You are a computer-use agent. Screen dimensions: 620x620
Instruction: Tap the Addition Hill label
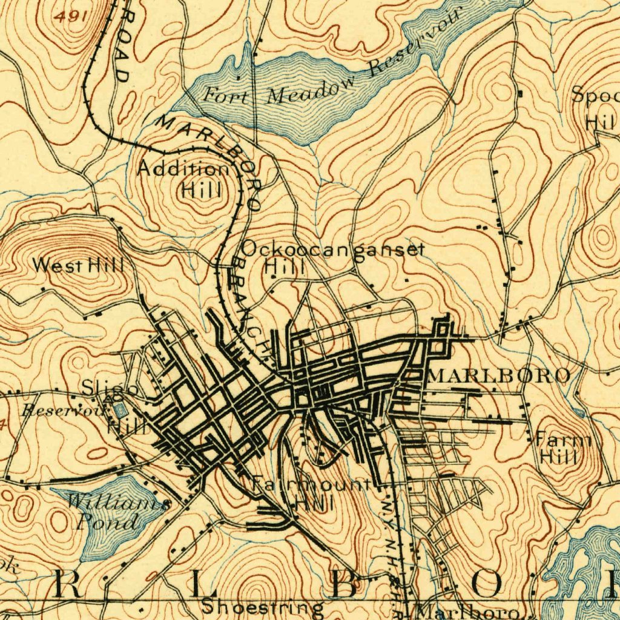coord(184,179)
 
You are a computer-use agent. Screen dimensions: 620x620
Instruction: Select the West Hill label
coord(78,265)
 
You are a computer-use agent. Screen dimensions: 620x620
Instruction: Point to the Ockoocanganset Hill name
coord(333,257)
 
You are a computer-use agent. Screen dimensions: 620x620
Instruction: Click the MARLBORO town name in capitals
coord(499,375)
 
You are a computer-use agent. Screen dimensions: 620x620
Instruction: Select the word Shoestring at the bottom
coord(263,607)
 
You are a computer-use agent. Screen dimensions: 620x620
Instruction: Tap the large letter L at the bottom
coord(200,585)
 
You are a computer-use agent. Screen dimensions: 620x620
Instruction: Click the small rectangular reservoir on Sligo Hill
coord(121,410)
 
